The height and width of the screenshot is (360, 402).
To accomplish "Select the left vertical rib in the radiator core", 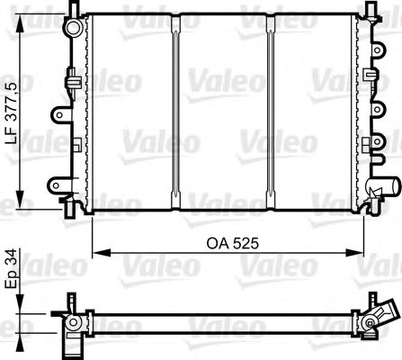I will (x=177, y=112).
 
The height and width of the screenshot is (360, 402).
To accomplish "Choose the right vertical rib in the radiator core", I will (x=270, y=112).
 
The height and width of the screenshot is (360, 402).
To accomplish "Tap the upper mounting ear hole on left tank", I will (x=59, y=114).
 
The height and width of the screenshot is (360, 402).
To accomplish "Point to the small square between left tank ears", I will (x=79, y=144).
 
